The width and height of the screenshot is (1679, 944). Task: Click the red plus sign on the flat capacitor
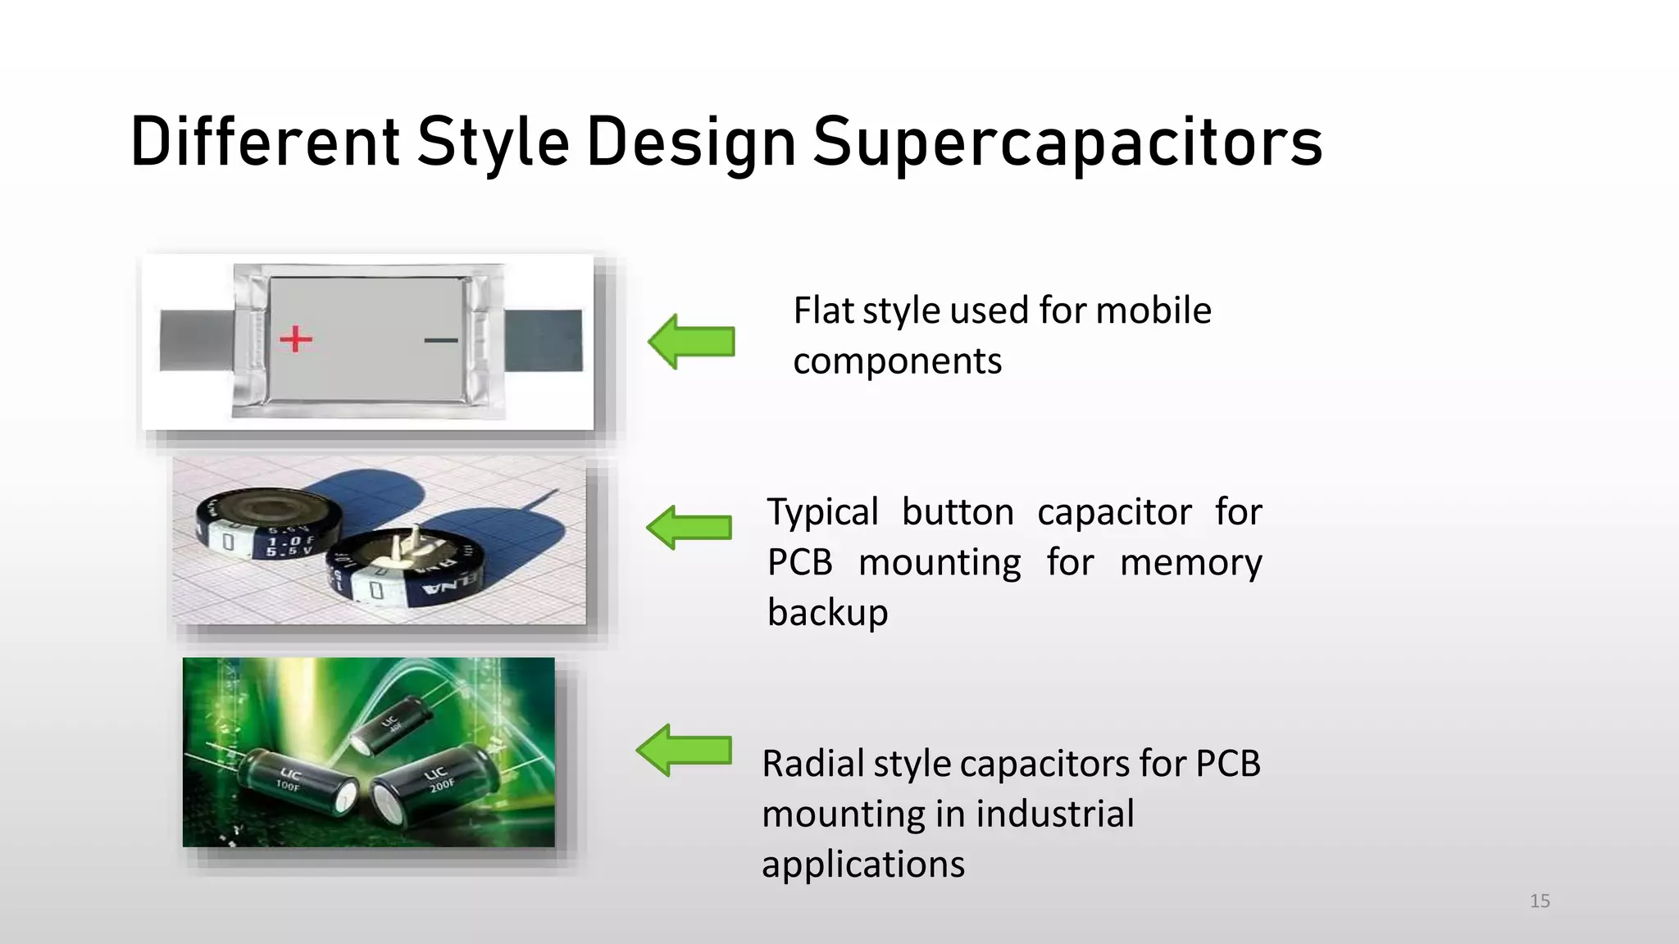[x=296, y=338]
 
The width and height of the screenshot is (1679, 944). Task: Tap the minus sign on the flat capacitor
[x=441, y=340]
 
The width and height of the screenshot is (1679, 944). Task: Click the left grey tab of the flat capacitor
[x=195, y=340]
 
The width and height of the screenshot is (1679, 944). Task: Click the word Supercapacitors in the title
[x=1067, y=143]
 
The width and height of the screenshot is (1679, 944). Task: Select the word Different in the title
[x=265, y=143]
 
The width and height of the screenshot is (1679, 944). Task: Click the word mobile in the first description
[x=1153, y=311]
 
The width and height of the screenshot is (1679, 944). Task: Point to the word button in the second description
[x=958, y=512]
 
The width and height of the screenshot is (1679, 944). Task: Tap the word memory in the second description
[x=1190, y=563]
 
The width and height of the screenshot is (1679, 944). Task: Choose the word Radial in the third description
[x=812, y=764]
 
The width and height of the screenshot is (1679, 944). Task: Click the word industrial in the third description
[x=1054, y=815]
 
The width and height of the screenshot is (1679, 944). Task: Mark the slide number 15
[x=1540, y=901]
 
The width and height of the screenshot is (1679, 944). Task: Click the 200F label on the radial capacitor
[x=442, y=786]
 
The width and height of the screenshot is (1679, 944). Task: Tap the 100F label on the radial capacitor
[x=288, y=786]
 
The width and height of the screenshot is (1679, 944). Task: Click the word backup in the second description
[x=827, y=613]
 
